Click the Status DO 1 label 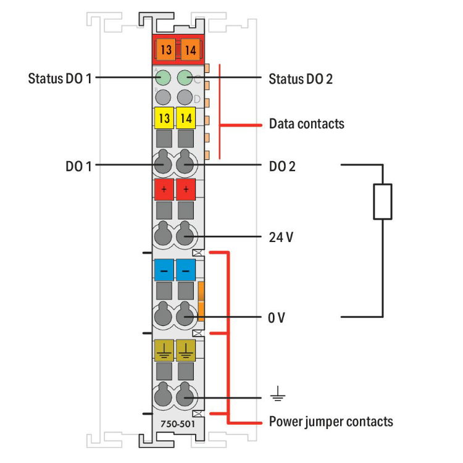point(60,78)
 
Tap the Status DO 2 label point(301,79)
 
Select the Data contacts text point(306,123)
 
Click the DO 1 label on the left point(78,165)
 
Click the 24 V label point(281,236)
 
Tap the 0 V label point(277,318)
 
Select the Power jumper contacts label point(331,422)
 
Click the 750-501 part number point(175,424)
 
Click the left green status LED point(164,78)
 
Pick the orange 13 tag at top point(165,50)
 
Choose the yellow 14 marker point(186,117)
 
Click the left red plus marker point(164,189)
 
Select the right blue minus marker point(185,270)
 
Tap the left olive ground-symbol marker point(164,351)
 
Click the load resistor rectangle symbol point(383,201)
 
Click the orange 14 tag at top point(190,50)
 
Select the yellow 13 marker point(164,117)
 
